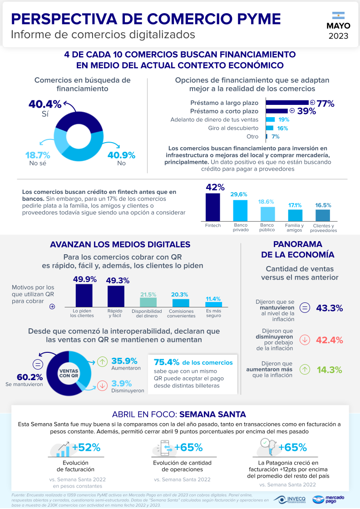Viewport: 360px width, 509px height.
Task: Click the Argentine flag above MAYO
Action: [338, 15]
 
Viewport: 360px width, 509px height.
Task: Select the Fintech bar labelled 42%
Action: [212, 207]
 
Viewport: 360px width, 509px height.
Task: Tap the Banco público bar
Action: [267, 213]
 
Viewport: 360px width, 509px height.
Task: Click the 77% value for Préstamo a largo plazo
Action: [325, 104]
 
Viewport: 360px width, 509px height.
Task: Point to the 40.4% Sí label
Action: [44, 104]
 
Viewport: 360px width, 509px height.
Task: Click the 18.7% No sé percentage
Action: [37, 155]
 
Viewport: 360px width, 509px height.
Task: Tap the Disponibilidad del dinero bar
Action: [148, 301]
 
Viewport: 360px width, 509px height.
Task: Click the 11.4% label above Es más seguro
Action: [213, 299]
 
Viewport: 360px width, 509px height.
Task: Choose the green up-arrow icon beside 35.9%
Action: [103, 362]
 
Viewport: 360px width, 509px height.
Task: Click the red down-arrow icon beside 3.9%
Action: [103, 385]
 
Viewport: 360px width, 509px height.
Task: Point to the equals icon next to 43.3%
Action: [305, 308]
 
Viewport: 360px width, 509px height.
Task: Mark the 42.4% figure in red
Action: [329, 340]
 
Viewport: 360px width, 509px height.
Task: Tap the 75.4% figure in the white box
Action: [167, 362]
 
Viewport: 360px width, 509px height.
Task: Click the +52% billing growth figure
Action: [86, 447]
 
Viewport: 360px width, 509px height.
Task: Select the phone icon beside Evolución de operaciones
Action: [163, 448]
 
